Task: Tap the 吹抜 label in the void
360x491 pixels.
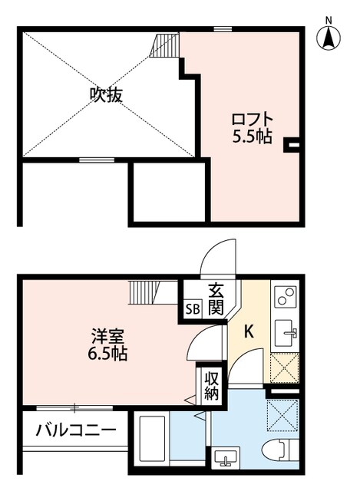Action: point(107,95)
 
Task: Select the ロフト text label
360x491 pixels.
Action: point(252,120)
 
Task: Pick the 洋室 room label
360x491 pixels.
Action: point(107,336)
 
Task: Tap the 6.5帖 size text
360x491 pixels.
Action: point(107,354)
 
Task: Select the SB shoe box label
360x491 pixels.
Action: point(191,310)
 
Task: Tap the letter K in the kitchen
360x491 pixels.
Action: point(248,332)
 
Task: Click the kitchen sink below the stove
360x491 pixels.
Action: point(289,332)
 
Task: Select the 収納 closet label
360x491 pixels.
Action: point(211,386)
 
